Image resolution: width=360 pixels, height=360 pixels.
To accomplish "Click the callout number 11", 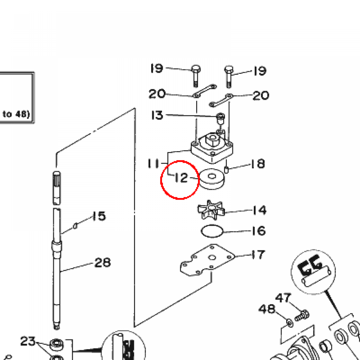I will (153, 163).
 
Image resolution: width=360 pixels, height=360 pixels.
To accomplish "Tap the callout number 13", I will (157, 115).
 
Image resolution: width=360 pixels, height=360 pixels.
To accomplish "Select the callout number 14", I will (259, 210).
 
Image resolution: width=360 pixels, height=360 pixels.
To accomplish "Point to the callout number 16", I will (259, 231).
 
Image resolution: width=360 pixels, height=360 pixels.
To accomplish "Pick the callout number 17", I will (258, 254).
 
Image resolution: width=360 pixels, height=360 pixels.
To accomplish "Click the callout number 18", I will (258, 164).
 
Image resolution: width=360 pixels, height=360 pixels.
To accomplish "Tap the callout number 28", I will (103, 262).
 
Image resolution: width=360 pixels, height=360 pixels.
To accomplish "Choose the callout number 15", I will (99, 216).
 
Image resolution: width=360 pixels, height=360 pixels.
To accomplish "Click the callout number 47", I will (283, 298).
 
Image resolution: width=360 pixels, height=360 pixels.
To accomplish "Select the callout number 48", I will (267, 309).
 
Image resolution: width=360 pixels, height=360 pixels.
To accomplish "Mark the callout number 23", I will (28, 341).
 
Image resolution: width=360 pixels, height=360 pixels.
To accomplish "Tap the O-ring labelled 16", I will (212, 231).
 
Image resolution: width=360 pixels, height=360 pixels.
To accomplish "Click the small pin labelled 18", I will (227, 169).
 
